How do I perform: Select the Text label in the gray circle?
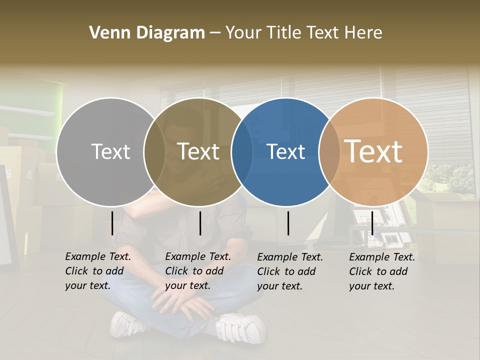(110, 152)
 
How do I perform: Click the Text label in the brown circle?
(198, 152)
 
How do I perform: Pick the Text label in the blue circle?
(286, 152)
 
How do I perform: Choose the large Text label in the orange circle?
(373, 151)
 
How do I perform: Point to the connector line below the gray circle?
(112, 223)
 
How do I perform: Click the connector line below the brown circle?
(200, 223)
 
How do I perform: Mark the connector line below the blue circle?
(288, 223)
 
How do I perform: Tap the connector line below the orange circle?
(372, 223)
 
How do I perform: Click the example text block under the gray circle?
(97, 271)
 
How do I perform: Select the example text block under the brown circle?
(197, 271)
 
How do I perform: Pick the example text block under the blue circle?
(289, 271)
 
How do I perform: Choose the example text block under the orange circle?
(381, 271)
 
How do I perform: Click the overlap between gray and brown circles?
(154, 152)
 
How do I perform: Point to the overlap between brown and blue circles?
(242, 152)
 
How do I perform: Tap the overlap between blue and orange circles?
(329, 152)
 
